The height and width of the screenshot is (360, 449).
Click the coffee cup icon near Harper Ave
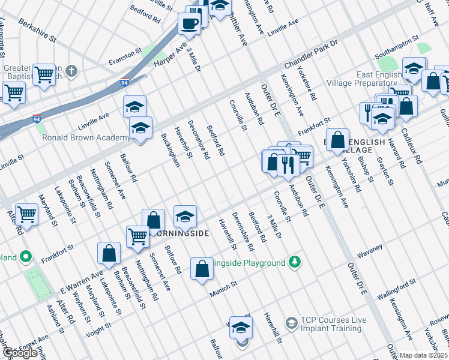[x=190, y=24]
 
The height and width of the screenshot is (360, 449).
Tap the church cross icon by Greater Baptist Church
[x=72, y=71]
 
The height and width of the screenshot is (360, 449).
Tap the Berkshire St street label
[x=37, y=31]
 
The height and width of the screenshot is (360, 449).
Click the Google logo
[x=20, y=353]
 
